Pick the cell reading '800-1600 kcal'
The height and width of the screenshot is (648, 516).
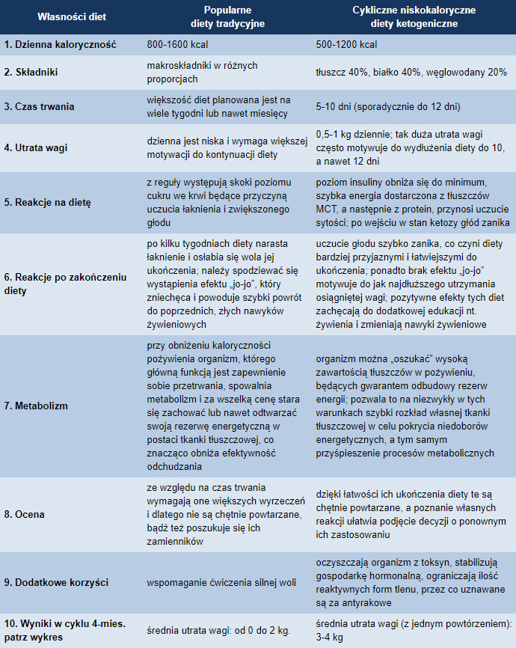[178, 44]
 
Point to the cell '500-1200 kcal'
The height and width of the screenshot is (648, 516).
[346, 44]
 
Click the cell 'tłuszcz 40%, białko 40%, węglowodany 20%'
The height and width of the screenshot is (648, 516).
[411, 73]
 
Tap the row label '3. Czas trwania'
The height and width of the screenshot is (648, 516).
[40, 106]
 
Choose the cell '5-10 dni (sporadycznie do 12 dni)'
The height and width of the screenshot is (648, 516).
[387, 106]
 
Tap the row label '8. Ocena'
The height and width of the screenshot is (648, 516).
[25, 514]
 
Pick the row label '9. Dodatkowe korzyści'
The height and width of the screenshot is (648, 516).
[56, 581]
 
